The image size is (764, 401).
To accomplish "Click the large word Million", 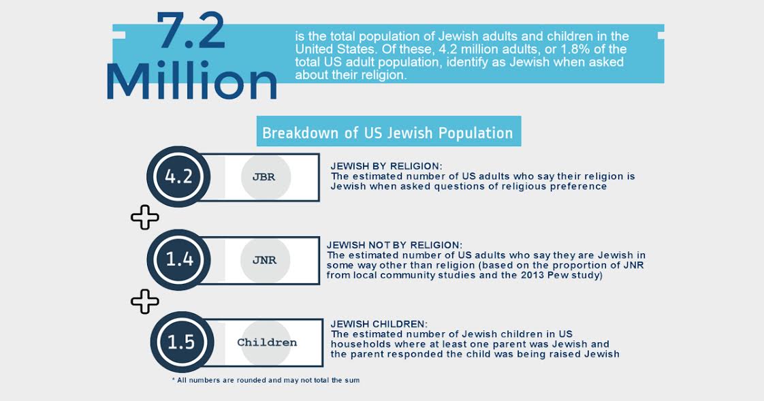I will coord(192,82).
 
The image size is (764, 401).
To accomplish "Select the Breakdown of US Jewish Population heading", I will coord(388,133).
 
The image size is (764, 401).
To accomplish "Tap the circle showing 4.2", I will coord(178,177).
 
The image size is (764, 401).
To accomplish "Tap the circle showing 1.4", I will coord(179,259).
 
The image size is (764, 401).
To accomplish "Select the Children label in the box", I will coord(267,342).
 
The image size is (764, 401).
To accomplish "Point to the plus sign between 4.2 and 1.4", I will coord(144,218).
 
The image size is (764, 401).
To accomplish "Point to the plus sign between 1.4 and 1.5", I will coord(144,301).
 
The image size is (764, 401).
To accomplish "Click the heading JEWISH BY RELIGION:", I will coord(386,166).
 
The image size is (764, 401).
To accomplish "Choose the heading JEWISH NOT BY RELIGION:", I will coord(394,245).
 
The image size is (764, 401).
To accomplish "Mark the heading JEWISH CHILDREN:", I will coord(380,324).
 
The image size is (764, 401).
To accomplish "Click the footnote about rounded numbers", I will coord(266,380).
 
